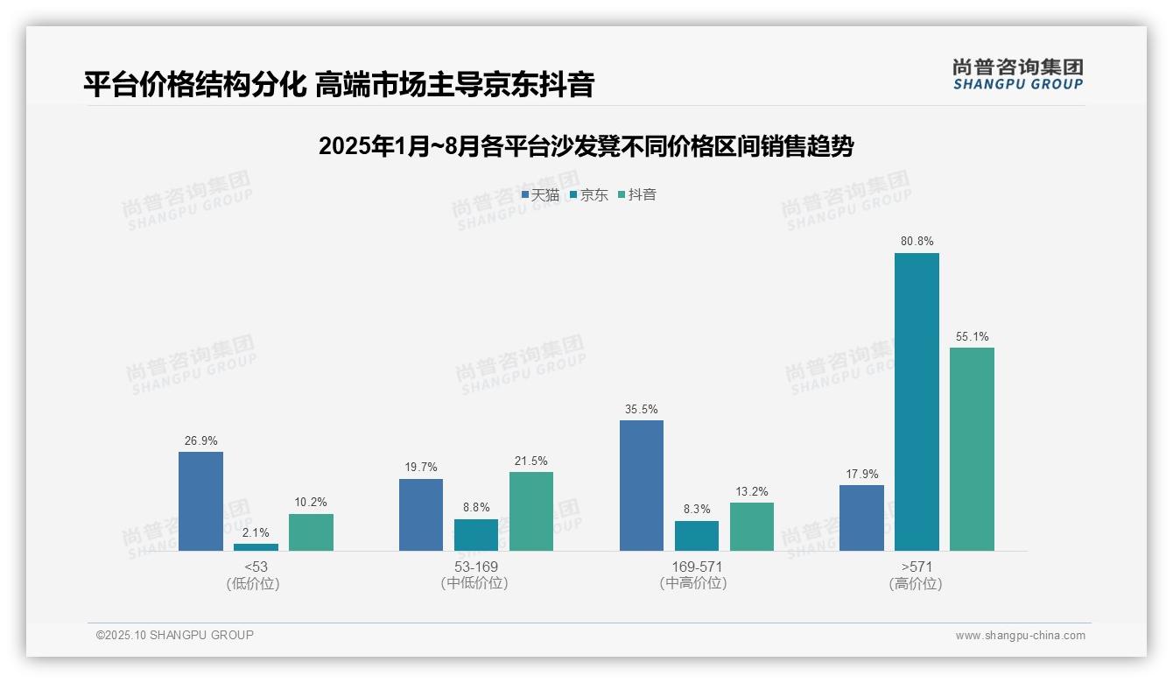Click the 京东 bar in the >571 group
pos(917,402)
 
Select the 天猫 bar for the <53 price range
pos(200,501)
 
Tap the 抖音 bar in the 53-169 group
pos(531,511)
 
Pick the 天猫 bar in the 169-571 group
pos(642,485)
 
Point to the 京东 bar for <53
pos(256,547)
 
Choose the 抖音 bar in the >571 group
pos(972,449)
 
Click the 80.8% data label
pos(917,241)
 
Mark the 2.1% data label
pos(256,532)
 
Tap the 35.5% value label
pos(642,409)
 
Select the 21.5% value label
pos(531,461)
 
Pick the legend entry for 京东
pos(588,194)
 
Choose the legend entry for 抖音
pos(636,194)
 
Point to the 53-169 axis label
pos(475,567)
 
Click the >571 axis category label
pos(916,567)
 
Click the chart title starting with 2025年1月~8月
pos(586,146)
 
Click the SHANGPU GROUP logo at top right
pos(1017,74)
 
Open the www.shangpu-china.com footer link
pos(1020,636)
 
